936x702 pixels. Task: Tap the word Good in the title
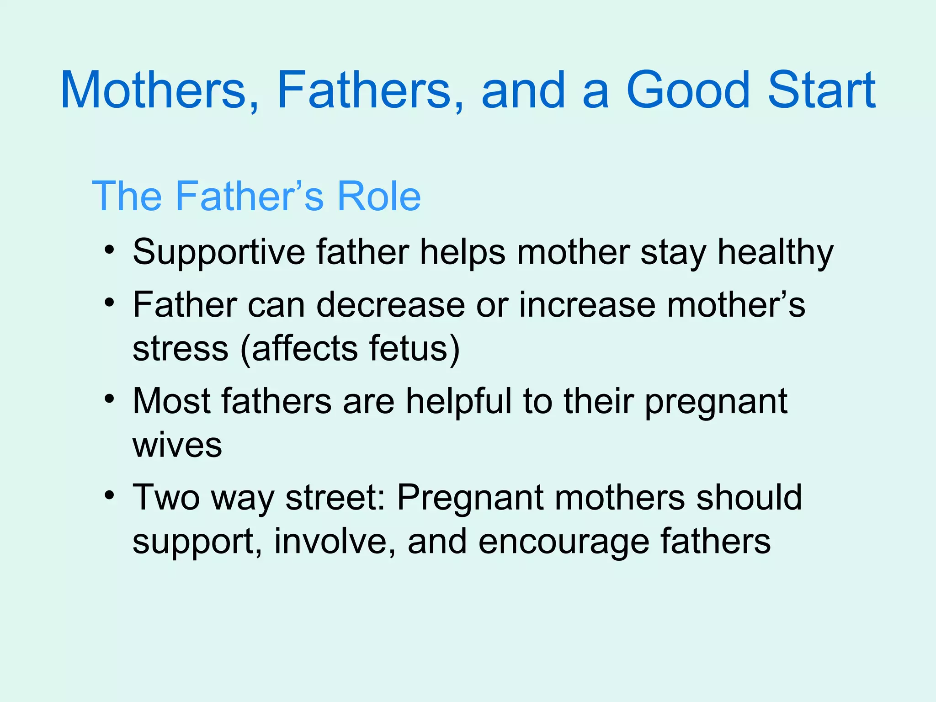click(x=688, y=90)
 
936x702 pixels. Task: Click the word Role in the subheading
click(x=378, y=196)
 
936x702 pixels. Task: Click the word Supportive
click(x=218, y=253)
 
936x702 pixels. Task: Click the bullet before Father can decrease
click(x=109, y=303)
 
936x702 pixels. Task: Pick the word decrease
click(x=390, y=305)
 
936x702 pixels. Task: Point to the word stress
click(x=180, y=349)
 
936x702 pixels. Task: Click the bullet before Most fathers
click(x=109, y=399)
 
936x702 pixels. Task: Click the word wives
click(x=177, y=445)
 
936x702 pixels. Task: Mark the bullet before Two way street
click(x=109, y=495)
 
